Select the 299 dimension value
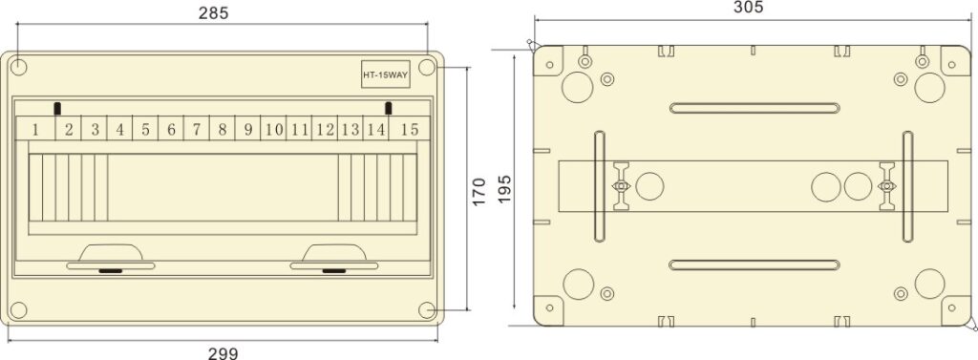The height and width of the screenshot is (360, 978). point(223,352)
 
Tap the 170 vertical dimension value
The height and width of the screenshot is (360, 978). point(479,190)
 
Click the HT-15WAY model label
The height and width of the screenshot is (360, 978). point(385,75)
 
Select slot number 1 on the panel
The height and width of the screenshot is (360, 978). point(35,129)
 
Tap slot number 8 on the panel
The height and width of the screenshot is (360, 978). point(222,129)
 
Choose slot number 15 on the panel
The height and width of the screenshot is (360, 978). point(409,129)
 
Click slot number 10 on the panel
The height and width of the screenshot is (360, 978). point(273,129)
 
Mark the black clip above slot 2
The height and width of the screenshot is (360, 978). point(58,108)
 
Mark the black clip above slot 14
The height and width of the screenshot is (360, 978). point(389,108)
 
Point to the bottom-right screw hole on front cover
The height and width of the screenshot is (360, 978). point(428,309)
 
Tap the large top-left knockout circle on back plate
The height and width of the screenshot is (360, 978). point(577,88)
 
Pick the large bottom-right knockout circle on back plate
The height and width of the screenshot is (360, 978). point(929,284)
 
